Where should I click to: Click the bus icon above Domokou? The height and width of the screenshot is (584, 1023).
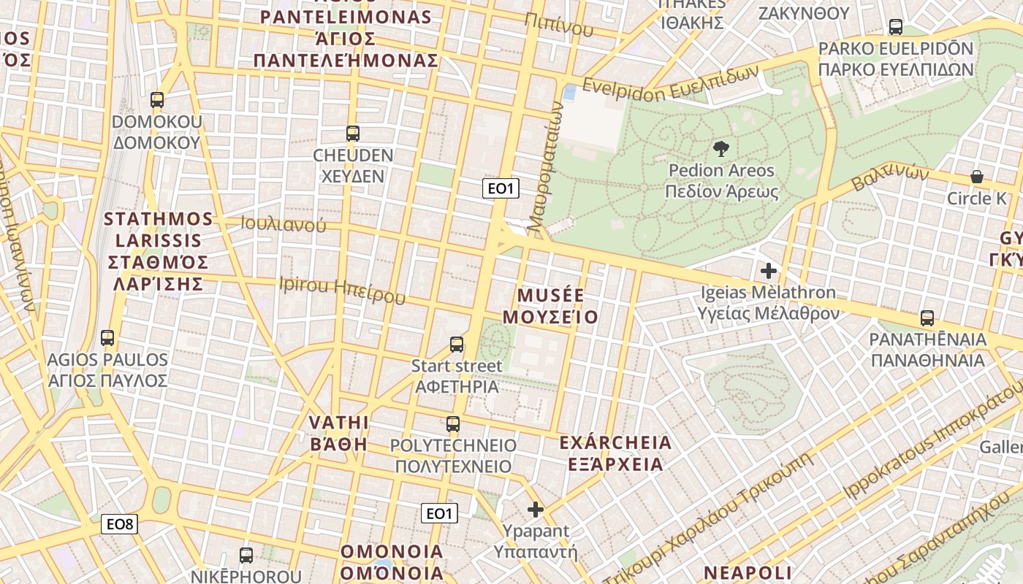tap(156, 100)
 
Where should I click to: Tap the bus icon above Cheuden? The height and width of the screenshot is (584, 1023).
tap(352, 134)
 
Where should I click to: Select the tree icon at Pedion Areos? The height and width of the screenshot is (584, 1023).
tap(720, 149)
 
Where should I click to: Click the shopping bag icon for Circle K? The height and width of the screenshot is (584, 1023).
tap(976, 177)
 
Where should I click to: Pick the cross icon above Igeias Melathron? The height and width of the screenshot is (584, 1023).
tap(768, 272)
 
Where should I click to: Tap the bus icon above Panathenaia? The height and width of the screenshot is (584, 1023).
tap(927, 318)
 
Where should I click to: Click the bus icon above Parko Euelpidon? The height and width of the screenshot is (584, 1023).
tap(895, 27)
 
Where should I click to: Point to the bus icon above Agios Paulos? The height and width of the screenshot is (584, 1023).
tap(107, 338)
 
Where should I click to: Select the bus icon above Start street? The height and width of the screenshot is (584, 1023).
tap(457, 345)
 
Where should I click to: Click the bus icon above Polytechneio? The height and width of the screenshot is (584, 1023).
tap(453, 424)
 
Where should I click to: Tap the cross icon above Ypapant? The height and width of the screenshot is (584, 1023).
tap(536, 510)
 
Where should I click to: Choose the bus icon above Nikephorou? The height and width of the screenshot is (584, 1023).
tap(246, 556)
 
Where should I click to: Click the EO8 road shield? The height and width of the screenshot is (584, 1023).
tap(119, 523)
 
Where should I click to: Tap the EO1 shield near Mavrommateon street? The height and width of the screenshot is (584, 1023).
tap(501, 188)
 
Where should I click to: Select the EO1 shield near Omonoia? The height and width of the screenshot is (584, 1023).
tap(439, 513)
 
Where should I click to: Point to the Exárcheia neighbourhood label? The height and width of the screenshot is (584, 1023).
tap(615, 453)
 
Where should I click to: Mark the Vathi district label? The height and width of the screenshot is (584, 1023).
tap(338, 433)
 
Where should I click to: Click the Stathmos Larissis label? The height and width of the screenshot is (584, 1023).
tap(159, 250)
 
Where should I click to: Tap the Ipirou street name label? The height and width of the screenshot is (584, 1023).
tap(342, 290)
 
